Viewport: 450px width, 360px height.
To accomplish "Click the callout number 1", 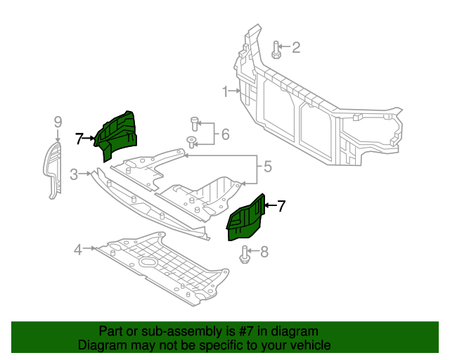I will coord(226,91).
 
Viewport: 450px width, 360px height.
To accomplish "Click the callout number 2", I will coord(296,48).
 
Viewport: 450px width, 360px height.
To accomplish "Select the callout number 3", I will coord(74,174).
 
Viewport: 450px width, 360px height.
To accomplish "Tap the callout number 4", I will coord(78,248).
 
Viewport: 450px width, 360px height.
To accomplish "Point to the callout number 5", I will coord(267,167).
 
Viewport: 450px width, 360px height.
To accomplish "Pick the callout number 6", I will coord(225,134).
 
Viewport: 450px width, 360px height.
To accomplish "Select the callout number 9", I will coord(58,122).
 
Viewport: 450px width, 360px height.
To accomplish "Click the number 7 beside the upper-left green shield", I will coord(79,139).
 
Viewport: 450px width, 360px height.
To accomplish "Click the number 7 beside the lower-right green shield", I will coord(281,206).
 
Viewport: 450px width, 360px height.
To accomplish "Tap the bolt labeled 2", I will coord(276,49).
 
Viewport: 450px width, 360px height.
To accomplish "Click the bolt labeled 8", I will coord(245,254).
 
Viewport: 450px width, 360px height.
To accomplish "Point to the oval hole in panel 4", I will coord(149,263).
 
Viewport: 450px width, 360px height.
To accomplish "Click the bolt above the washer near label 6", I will coord(194,124).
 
